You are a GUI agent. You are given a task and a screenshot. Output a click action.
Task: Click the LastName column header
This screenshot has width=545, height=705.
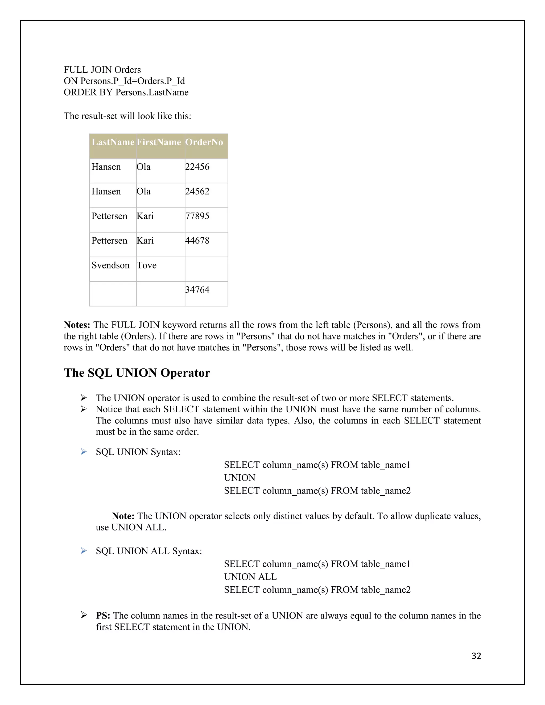click(x=113, y=142)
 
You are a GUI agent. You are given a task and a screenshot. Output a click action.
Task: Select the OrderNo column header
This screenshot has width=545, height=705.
click(x=204, y=142)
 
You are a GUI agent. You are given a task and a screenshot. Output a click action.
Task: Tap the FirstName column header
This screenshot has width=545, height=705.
click(x=159, y=142)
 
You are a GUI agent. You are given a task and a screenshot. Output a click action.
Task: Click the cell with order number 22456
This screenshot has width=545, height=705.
click(x=197, y=167)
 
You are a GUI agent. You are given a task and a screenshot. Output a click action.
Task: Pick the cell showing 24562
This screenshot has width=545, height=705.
click(x=197, y=192)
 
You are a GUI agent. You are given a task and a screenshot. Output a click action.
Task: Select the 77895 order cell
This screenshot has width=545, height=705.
click(x=197, y=216)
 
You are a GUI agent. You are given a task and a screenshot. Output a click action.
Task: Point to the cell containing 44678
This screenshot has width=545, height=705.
click(x=197, y=240)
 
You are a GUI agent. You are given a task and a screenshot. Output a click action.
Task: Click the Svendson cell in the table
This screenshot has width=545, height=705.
click(x=110, y=265)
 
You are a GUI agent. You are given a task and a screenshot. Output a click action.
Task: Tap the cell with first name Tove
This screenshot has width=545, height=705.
click(x=147, y=265)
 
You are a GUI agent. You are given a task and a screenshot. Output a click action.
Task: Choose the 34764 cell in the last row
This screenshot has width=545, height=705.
click(x=197, y=290)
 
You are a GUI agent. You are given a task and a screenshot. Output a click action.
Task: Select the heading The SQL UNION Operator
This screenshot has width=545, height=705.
click(x=137, y=373)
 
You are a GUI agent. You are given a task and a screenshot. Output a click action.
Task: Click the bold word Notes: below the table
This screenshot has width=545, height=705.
click(x=77, y=325)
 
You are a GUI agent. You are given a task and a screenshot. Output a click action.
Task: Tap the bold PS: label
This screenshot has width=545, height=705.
click(x=103, y=616)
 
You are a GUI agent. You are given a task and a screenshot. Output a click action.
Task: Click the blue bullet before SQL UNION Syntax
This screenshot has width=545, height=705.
click(x=84, y=452)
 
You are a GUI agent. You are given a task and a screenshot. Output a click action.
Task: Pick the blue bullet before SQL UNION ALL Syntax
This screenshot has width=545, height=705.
click(x=84, y=551)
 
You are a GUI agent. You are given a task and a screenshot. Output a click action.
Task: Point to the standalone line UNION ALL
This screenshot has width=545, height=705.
click(x=250, y=577)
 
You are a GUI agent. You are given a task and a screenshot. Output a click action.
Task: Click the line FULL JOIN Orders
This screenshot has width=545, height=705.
click(x=102, y=70)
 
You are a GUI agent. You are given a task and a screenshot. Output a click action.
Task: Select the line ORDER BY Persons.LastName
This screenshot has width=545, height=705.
click(x=126, y=93)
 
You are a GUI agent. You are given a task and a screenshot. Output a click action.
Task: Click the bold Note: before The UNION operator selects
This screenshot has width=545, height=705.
click(x=123, y=516)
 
